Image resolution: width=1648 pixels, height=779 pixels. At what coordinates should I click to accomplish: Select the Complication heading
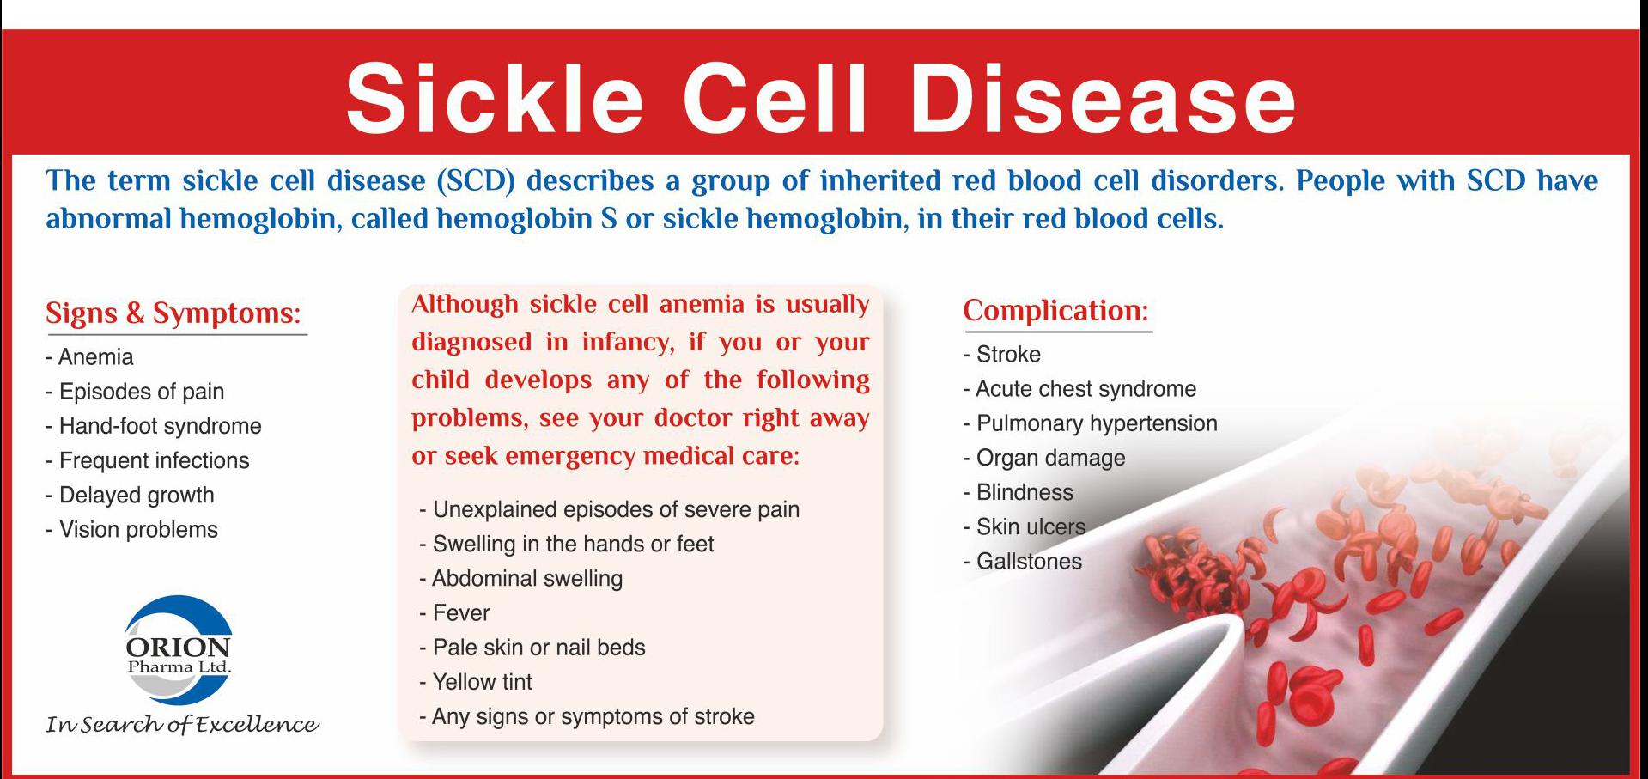click(1055, 311)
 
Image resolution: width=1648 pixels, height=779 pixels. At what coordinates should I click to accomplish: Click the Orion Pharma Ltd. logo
click(179, 649)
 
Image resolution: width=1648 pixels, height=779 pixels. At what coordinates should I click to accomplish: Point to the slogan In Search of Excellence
click(182, 724)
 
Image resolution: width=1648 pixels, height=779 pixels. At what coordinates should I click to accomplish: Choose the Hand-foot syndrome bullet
click(154, 426)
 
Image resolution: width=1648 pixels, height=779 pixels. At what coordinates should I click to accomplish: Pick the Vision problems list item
click(131, 530)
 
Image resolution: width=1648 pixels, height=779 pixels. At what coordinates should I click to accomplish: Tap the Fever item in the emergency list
click(454, 613)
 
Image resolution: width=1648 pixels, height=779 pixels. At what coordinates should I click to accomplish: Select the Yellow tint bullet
click(476, 682)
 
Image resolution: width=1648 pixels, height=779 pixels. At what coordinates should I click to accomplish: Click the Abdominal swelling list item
click(520, 579)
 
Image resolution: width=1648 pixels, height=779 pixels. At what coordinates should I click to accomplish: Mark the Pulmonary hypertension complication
click(1090, 423)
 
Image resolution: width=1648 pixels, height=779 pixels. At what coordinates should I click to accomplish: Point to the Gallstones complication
click(1022, 562)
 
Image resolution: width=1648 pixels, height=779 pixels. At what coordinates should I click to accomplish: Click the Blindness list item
click(1018, 493)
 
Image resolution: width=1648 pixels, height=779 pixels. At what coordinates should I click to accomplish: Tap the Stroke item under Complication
click(1001, 355)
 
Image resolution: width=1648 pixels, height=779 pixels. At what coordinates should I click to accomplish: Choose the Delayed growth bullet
click(130, 496)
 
